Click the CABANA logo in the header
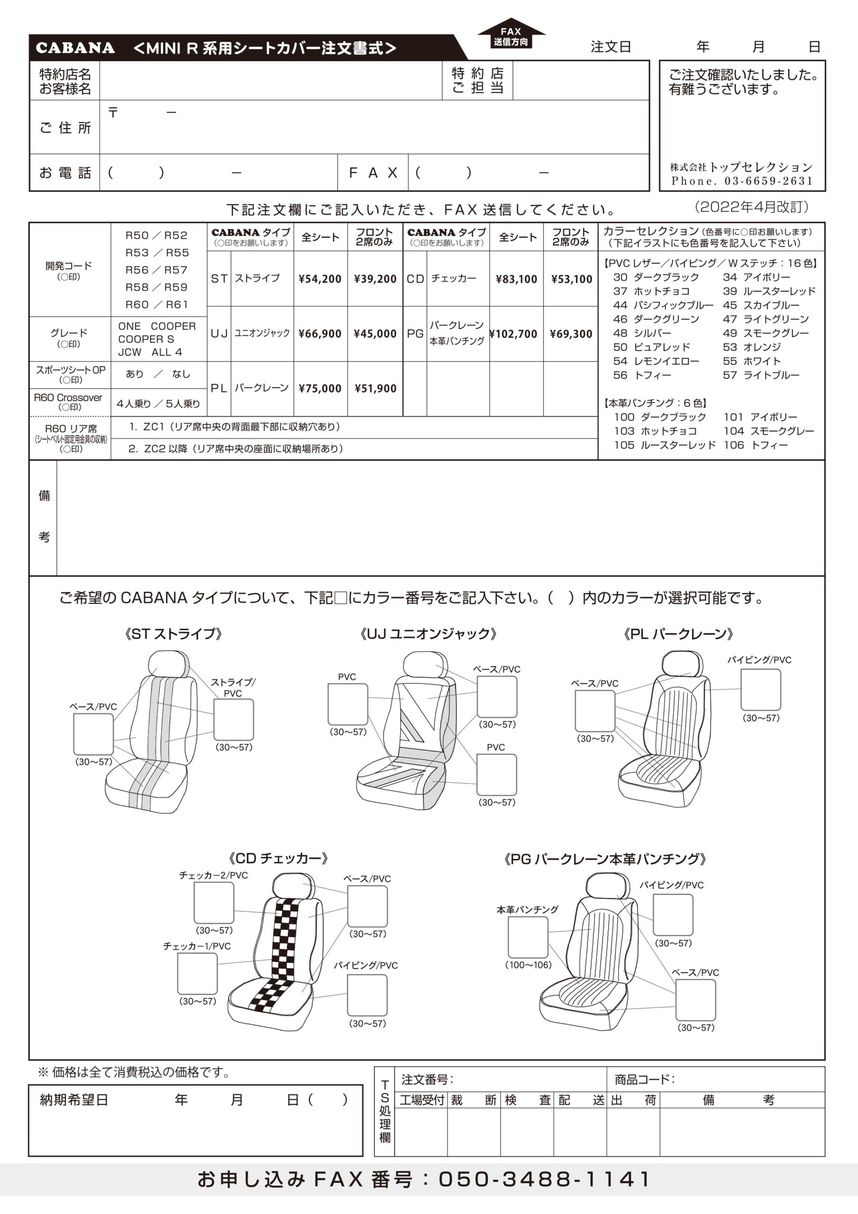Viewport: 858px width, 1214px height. coord(75,48)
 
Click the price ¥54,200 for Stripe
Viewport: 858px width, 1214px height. coord(320,279)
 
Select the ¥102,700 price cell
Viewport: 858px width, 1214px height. coord(513,334)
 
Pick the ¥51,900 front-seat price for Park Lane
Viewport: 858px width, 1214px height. coord(375,389)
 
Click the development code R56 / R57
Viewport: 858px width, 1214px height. coord(156,270)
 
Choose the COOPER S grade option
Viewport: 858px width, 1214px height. coord(146,339)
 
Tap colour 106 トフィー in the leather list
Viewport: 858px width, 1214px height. coord(756,445)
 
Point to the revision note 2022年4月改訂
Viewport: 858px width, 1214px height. coord(752,207)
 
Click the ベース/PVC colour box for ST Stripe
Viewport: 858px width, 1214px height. coord(93,734)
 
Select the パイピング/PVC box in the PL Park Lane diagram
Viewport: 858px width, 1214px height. coord(760,690)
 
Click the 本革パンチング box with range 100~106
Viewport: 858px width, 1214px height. coord(528,937)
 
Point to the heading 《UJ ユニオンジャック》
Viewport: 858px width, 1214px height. coord(428,634)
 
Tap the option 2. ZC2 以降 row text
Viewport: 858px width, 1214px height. coord(236,449)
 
